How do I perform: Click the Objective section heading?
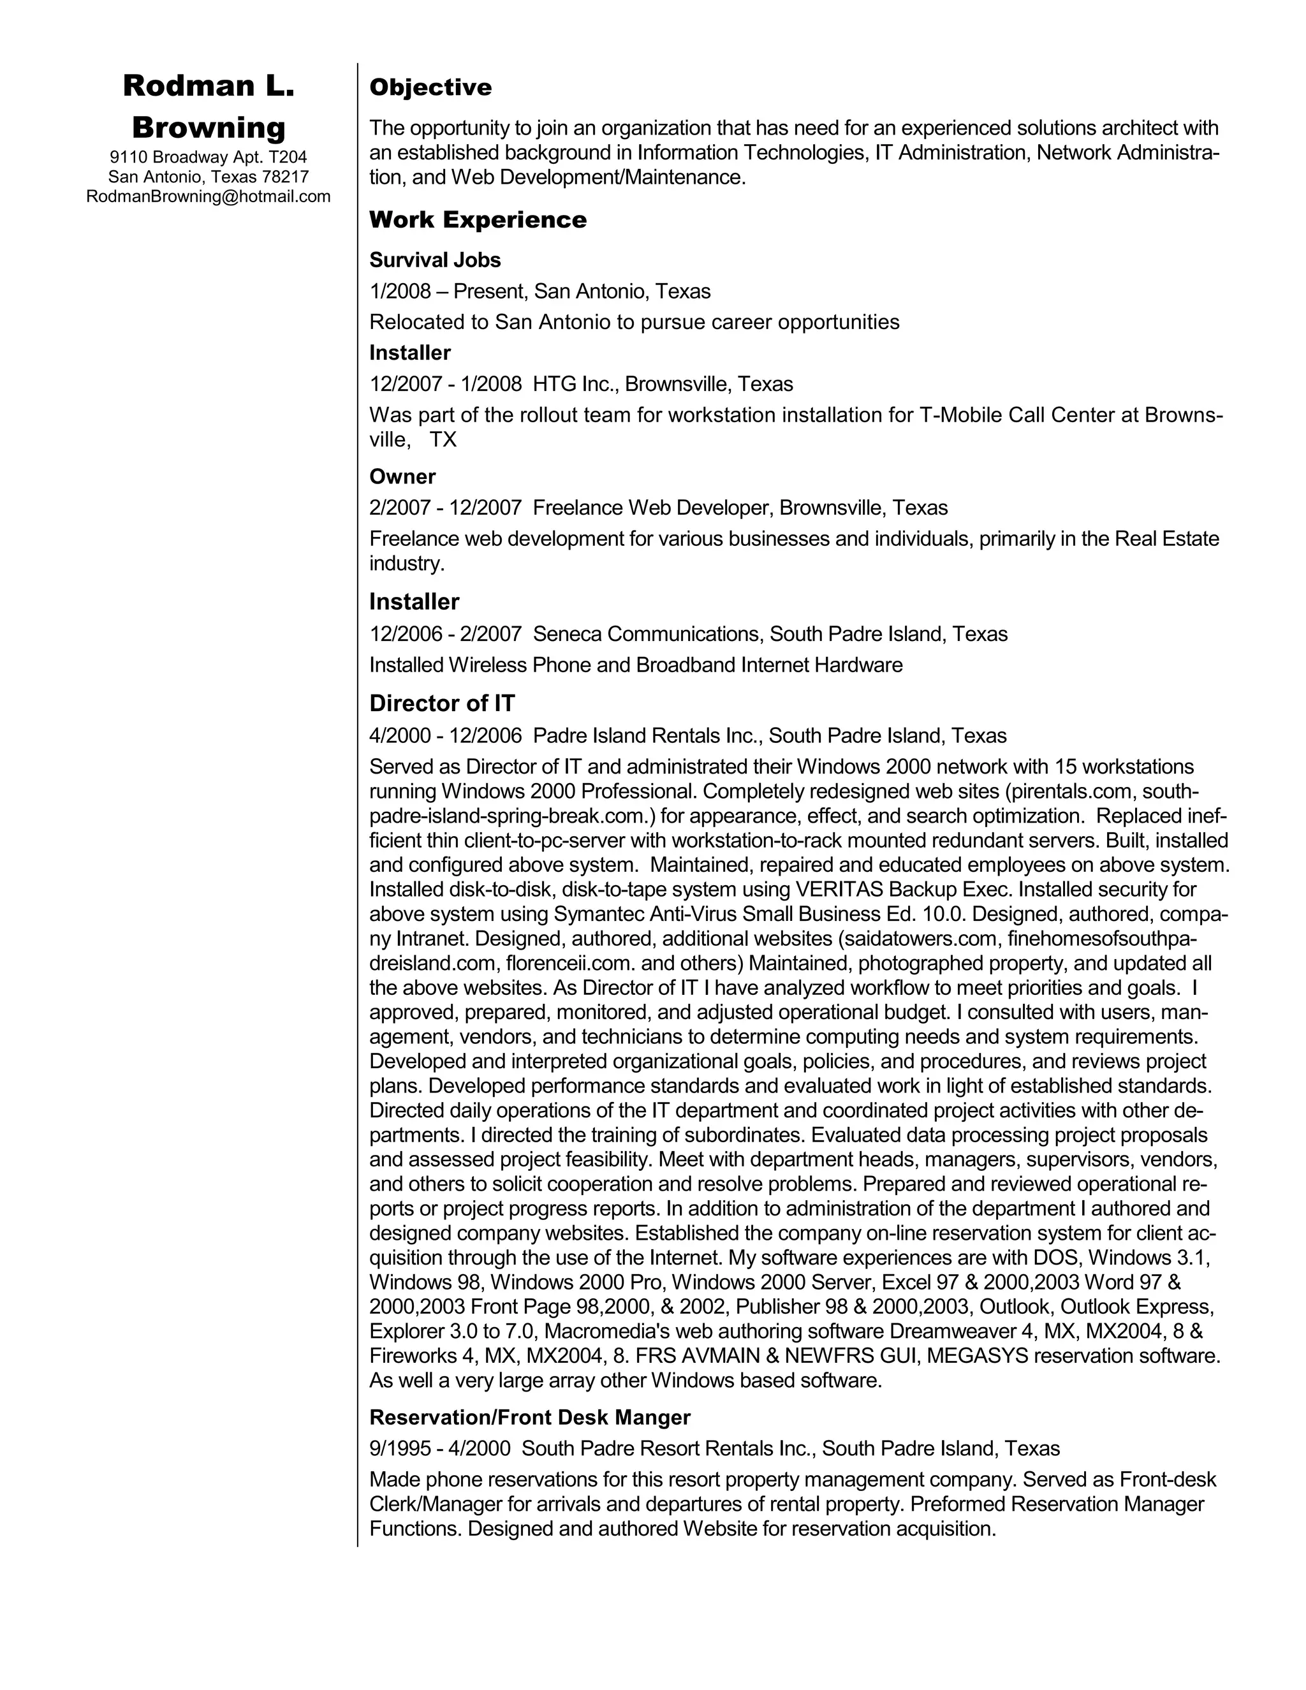[430, 87]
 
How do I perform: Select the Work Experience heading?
[478, 220]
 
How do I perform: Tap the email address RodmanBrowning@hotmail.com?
[208, 196]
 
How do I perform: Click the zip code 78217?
[286, 177]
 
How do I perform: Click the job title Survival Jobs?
[435, 260]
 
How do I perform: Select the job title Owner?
[402, 476]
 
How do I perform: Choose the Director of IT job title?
[442, 703]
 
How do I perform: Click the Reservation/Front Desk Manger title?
[529, 1418]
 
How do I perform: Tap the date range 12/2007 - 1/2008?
[446, 385]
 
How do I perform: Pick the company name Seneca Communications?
[646, 635]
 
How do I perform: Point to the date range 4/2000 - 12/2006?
[446, 736]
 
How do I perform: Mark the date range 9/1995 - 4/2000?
[439, 1448]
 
